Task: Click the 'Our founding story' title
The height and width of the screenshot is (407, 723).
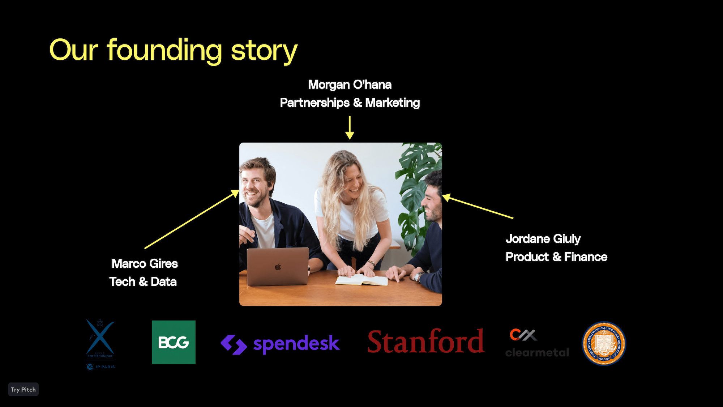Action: (x=173, y=51)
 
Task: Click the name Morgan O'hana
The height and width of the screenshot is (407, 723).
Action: (x=350, y=85)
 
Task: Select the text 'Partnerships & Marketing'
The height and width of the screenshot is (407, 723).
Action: (x=350, y=103)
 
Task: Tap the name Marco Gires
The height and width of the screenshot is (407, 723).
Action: (x=144, y=263)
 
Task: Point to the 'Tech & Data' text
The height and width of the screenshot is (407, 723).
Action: (x=143, y=281)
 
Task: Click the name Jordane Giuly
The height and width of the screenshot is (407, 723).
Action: (x=543, y=239)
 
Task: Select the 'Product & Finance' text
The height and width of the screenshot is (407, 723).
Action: (x=556, y=257)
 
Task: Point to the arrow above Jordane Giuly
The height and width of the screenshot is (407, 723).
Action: (x=477, y=207)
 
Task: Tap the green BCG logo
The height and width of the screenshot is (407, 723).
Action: (x=174, y=342)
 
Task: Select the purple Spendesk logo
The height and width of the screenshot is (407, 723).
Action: (x=280, y=344)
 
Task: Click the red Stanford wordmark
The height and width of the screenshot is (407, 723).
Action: (x=425, y=342)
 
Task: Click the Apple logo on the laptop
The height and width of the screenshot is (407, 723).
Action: (x=278, y=267)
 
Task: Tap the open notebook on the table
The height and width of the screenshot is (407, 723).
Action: (x=361, y=280)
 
